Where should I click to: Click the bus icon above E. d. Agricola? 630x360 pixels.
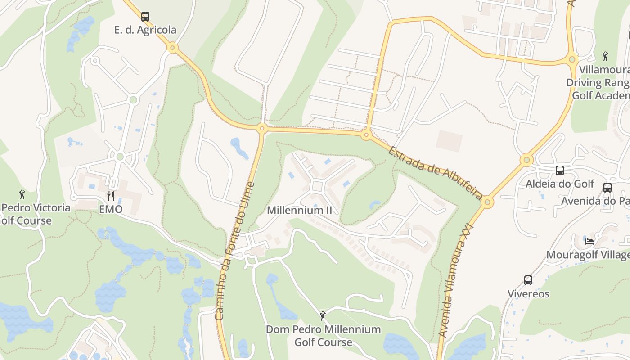(x=145, y=17)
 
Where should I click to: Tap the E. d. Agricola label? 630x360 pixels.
(x=145, y=30)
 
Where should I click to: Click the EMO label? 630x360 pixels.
(x=111, y=209)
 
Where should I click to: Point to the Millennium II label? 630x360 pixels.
(x=299, y=210)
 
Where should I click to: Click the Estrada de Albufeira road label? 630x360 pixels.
(x=436, y=172)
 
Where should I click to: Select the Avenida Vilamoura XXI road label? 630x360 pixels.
(x=456, y=279)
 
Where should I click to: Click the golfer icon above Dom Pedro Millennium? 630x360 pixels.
(x=322, y=316)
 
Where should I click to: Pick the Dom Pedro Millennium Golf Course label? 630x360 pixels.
(x=323, y=336)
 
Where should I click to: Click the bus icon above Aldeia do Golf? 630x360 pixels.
(x=559, y=171)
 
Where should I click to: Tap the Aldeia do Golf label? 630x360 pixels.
(x=559, y=184)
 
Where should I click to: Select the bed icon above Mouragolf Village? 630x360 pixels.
(x=589, y=241)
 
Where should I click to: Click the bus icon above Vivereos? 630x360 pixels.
(x=528, y=280)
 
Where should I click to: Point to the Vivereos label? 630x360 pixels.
(x=528, y=294)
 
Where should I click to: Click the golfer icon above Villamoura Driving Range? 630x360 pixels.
(x=605, y=56)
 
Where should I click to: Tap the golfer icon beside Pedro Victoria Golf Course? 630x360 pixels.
(x=22, y=194)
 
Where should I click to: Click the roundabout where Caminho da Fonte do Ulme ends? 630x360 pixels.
(x=262, y=129)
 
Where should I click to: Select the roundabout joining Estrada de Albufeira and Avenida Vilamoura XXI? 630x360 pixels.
(x=487, y=202)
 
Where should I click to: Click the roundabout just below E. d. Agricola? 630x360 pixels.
(x=172, y=47)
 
